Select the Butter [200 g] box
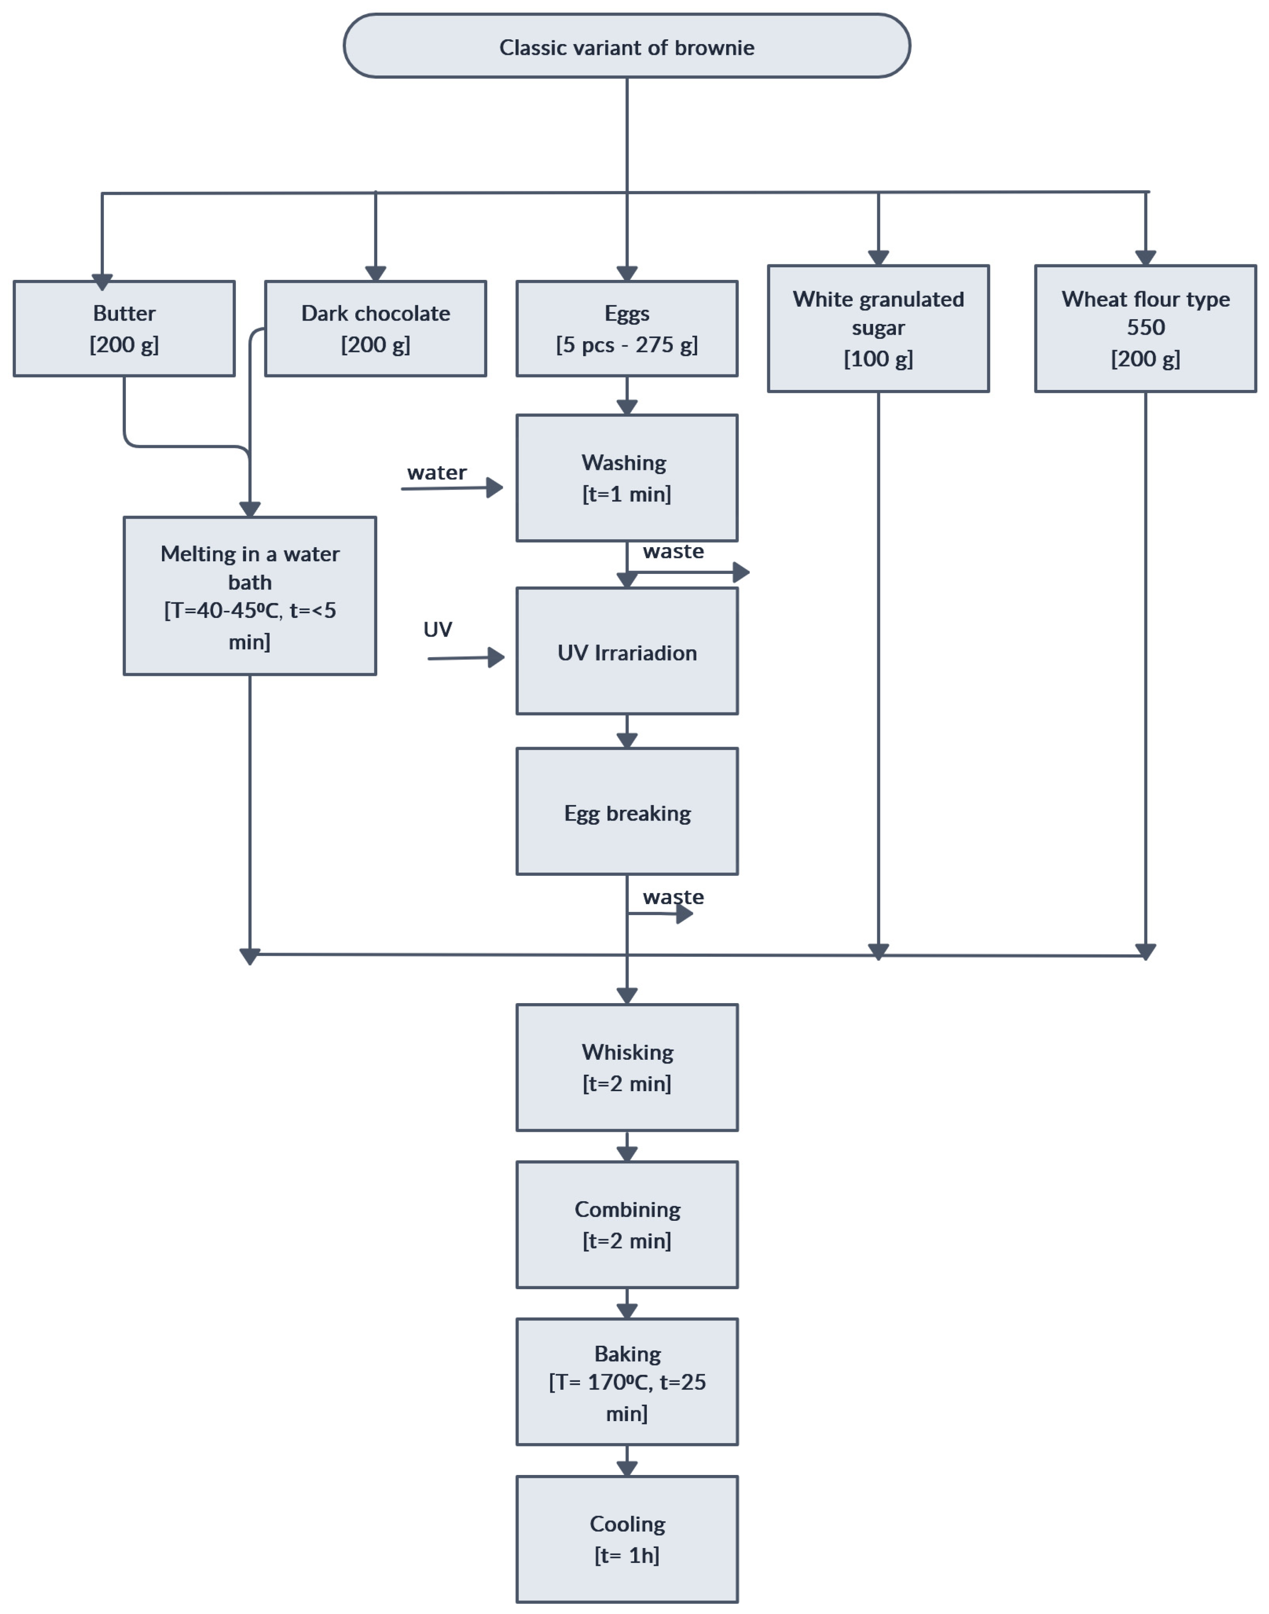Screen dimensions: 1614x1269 (124, 329)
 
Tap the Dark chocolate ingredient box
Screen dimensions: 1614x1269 (375, 329)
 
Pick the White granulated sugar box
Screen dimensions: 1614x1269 (878, 329)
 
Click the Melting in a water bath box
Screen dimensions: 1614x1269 (249, 596)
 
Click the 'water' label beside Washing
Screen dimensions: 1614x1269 (437, 473)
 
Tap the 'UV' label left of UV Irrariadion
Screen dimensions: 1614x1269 (438, 630)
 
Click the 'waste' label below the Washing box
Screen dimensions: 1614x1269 (673, 551)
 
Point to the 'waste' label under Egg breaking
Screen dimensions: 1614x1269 (673, 897)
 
